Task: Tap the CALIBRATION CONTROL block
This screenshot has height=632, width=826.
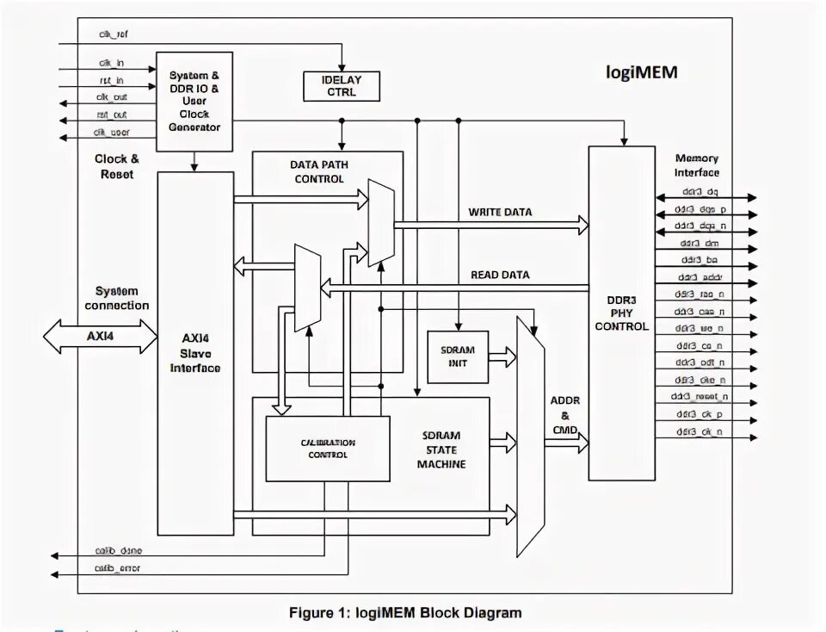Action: tap(328, 449)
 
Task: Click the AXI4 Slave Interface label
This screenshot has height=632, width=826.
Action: tap(195, 353)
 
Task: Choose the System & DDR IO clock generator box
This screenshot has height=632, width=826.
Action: tap(194, 102)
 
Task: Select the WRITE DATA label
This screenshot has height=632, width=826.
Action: tap(500, 212)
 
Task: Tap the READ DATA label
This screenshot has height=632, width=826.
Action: tap(500, 276)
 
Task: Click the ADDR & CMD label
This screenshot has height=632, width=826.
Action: tap(564, 415)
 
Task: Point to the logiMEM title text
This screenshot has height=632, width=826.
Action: tap(642, 72)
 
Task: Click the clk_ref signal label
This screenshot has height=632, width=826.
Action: tap(113, 35)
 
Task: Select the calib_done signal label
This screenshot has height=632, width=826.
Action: tap(119, 550)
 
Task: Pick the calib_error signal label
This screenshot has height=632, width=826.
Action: tap(118, 568)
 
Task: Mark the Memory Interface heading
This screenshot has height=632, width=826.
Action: tap(697, 165)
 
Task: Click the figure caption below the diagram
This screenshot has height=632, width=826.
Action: tap(404, 613)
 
